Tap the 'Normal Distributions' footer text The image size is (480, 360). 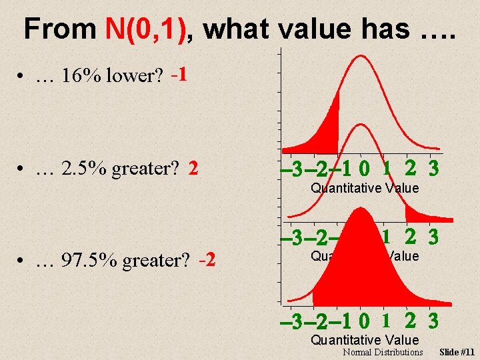tap(383, 352)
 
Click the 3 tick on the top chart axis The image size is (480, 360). tap(434, 169)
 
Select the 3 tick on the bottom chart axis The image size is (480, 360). tap(434, 321)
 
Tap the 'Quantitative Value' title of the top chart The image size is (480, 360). tap(365, 188)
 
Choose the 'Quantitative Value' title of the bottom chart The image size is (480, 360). tap(365, 341)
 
